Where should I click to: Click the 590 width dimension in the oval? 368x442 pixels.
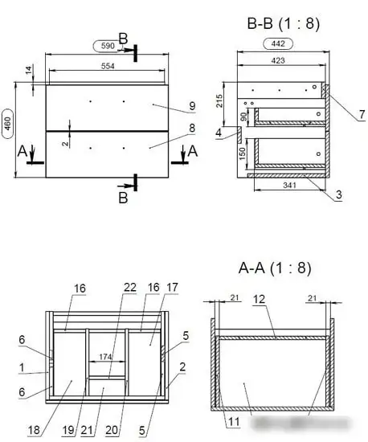[x=108, y=46]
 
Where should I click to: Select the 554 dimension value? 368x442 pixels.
[x=108, y=66]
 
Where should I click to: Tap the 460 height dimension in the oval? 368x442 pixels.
[x=7, y=124]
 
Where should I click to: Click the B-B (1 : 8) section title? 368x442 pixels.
[x=284, y=23]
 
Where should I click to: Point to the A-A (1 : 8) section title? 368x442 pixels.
[x=275, y=268]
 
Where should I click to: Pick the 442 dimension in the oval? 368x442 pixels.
[x=278, y=43]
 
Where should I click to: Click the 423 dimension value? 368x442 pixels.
[x=278, y=60]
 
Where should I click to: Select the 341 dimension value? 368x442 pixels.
[x=290, y=185]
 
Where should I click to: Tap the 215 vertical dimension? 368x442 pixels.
[x=219, y=101]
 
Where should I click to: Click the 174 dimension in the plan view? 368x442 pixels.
[x=105, y=357]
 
